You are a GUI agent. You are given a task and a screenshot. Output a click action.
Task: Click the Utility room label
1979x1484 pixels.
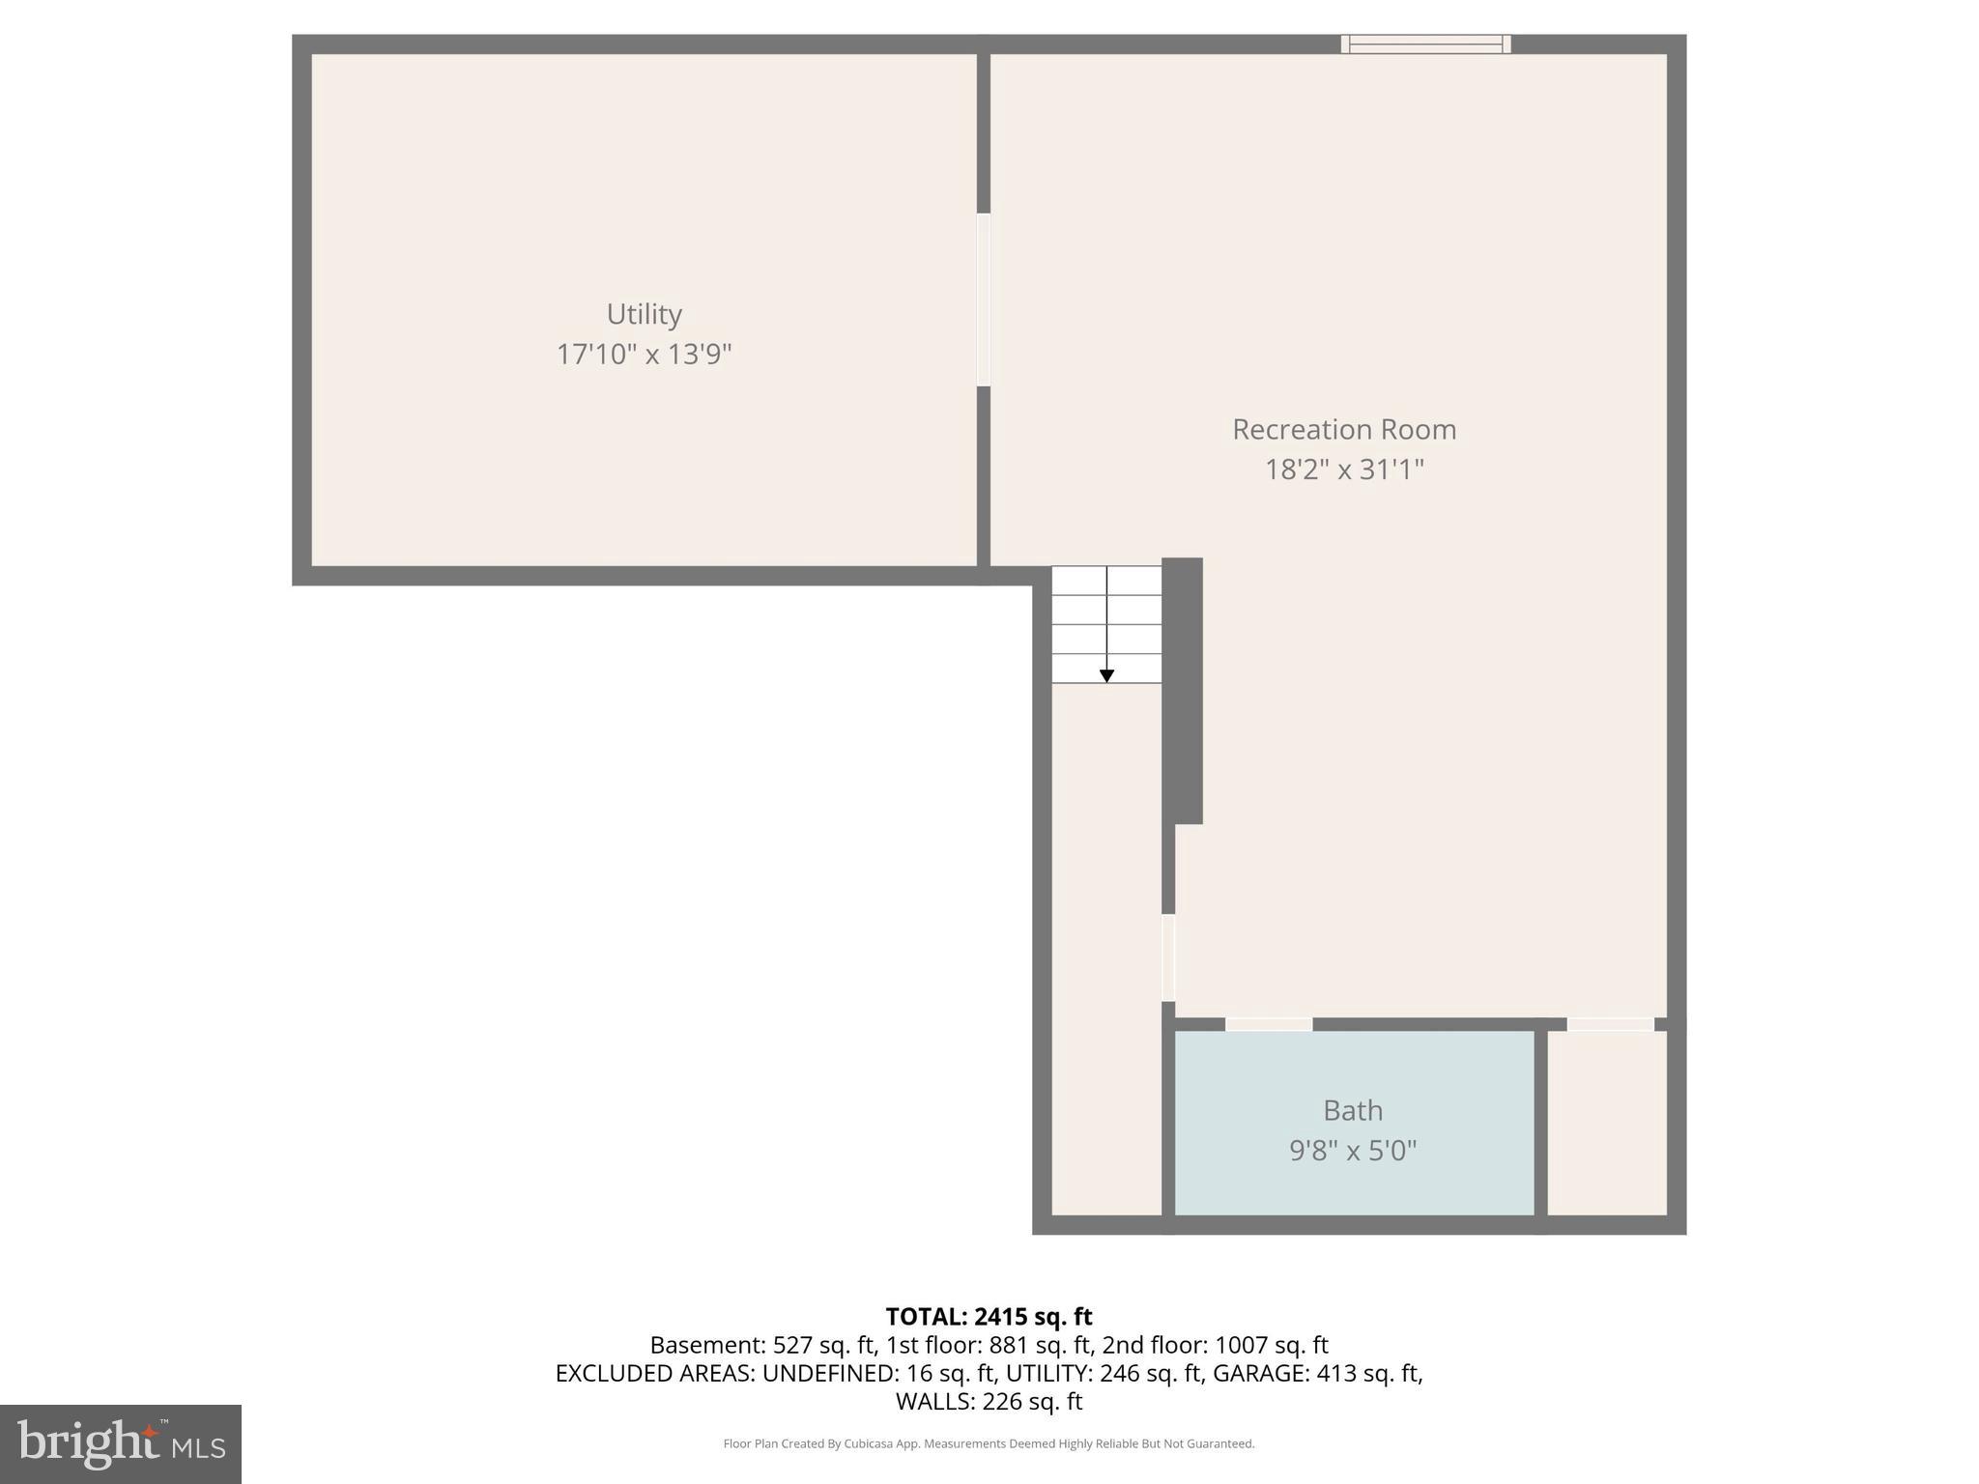[x=644, y=314]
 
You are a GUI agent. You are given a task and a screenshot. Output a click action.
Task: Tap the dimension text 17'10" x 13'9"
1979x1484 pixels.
[x=644, y=355]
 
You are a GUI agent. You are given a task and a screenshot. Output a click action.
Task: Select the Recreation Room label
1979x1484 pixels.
[x=1343, y=429]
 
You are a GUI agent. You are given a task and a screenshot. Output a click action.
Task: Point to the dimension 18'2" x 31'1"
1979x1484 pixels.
[x=1343, y=470]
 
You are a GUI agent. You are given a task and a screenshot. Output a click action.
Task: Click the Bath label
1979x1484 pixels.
[x=1352, y=1110]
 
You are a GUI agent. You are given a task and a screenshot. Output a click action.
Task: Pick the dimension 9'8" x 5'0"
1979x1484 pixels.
[x=1352, y=1151]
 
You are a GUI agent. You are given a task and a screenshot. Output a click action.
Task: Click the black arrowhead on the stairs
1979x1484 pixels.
[x=1106, y=676]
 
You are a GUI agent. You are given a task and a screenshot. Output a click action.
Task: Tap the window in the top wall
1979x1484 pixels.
[x=1425, y=43]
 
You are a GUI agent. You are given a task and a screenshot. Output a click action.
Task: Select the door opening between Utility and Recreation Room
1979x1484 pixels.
[x=984, y=300]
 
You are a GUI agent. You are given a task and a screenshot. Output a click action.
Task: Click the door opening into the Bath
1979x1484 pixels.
[x=1268, y=1024]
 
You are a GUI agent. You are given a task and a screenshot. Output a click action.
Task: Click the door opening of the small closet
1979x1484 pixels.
[x=1610, y=1024]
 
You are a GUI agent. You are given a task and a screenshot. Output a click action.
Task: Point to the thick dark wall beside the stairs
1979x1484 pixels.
[x=1183, y=690]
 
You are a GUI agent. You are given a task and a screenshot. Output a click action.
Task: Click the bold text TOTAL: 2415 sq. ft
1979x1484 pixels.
[x=989, y=1317]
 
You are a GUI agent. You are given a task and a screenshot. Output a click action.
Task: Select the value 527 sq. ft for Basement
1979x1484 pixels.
[x=823, y=1345]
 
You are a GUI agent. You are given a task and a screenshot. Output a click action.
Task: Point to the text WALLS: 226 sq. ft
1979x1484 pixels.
[x=989, y=1401]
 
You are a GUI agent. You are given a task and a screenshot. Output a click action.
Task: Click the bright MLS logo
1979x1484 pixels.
[x=121, y=1443]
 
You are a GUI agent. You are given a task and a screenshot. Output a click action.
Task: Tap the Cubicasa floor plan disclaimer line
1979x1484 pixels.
[x=989, y=1443]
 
